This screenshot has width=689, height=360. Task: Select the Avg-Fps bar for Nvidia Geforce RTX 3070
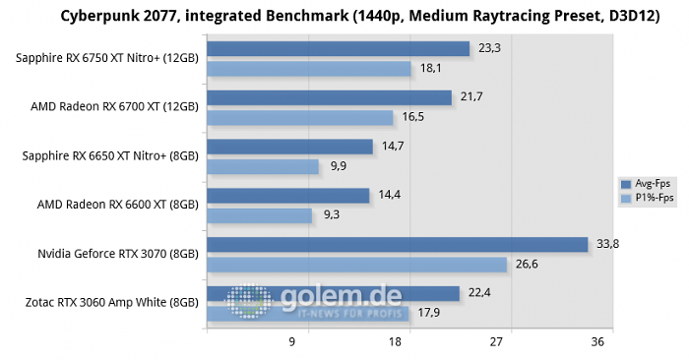398,245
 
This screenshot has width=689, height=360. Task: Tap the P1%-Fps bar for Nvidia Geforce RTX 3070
356,265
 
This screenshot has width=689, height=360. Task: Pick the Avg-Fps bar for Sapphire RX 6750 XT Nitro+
338,49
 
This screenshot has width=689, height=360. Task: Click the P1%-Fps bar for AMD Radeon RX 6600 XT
259,215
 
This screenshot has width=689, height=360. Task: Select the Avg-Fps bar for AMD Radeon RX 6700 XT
329,97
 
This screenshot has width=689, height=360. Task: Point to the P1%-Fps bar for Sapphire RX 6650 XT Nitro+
263,166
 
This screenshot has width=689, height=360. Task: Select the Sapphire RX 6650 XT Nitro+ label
107,156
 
